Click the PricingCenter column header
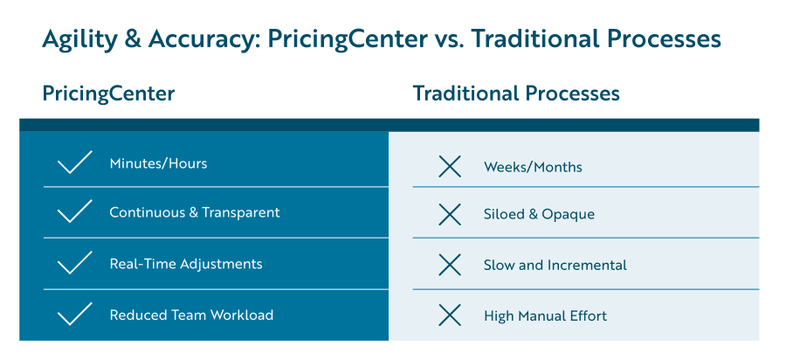pos(108,93)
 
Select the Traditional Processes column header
pos(516,93)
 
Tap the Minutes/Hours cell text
pos(158,163)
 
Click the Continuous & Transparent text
pos(194,212)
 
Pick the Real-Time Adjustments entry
pos(185,264)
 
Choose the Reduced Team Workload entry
pos(191,315)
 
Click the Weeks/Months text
pos(533,167)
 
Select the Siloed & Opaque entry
pos(539,214)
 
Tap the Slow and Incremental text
pos(555,265)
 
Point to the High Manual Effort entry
pos(545,316)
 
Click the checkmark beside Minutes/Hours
pos(74,163)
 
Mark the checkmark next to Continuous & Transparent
pos(74,212)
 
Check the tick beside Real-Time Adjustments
pos(74,263)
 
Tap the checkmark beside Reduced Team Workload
pos(74,314)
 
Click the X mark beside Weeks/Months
pos(450,166)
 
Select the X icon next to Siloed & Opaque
pos(450,214)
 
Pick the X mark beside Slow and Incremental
pos(450,265)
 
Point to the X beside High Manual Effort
pos(450,315)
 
